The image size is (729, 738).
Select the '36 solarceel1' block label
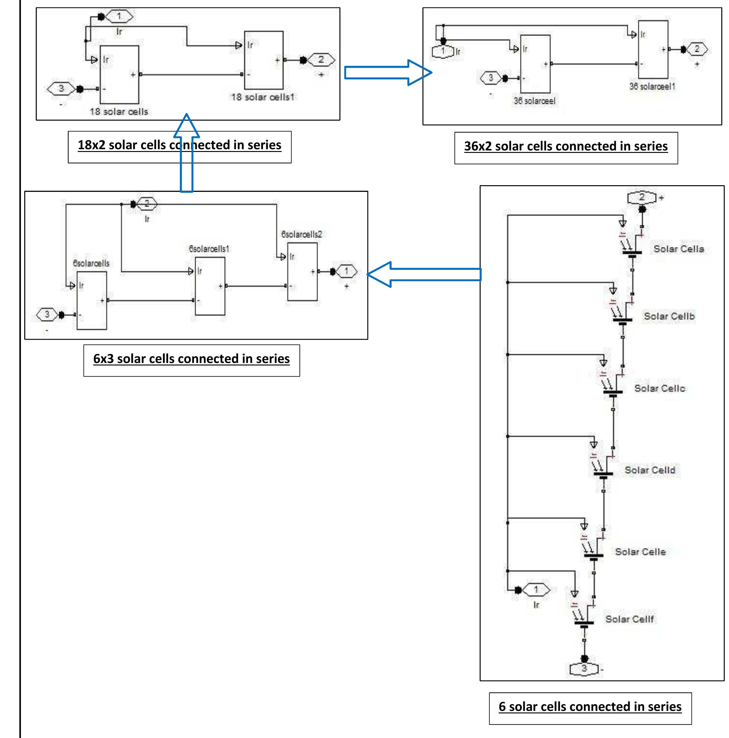pos(652,87)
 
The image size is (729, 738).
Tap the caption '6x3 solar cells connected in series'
pos(191,359)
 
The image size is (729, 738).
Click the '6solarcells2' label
pos(302,234)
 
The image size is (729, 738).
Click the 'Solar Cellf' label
pos(630,619)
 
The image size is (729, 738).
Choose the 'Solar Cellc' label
pos(660,389)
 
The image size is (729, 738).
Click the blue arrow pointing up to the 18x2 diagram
pos(186,153)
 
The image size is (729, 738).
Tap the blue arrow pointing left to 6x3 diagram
pos(424,274)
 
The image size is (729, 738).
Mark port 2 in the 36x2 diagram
pos(697,49)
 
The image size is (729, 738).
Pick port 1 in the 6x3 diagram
pos(347,272)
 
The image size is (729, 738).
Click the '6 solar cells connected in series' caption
pos(590,707)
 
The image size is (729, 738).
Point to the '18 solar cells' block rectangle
pos(119,74)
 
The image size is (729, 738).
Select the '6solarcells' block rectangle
pos(92,300)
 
